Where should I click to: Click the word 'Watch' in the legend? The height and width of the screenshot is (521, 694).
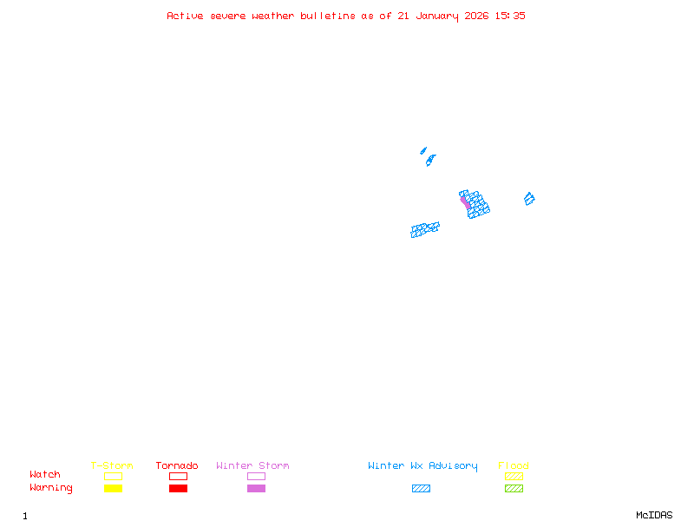click(45, 475)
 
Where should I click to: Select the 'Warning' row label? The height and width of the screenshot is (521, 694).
click(50, 488)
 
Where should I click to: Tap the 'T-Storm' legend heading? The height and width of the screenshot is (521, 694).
click(112, 465)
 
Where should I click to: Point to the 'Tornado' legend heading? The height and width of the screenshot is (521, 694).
click(177, 465)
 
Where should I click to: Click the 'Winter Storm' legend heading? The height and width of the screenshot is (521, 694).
click(252, 465)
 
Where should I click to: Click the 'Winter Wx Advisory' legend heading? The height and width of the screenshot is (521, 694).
click(422, 465)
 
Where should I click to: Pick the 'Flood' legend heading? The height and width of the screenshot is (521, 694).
click(514, 465)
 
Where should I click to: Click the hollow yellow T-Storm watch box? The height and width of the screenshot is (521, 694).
click(113, 476)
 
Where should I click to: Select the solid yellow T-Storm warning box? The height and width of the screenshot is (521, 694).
click(113, 488)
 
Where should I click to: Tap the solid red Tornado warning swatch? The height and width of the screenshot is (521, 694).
click(178, 488)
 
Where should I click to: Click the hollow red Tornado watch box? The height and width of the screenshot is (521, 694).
click(178, 476)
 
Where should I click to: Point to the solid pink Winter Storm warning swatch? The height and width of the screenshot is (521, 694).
click(256, 488)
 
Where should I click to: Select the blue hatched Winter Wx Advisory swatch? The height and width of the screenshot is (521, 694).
click(421, 488)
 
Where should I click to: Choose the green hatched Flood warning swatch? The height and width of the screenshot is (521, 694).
click(514, 488)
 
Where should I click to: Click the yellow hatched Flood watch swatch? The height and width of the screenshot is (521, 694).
click(514, 476)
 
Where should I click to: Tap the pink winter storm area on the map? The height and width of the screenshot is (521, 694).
click(465, 201)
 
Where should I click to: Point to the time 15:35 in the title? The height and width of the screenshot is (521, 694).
click(510, 16)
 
